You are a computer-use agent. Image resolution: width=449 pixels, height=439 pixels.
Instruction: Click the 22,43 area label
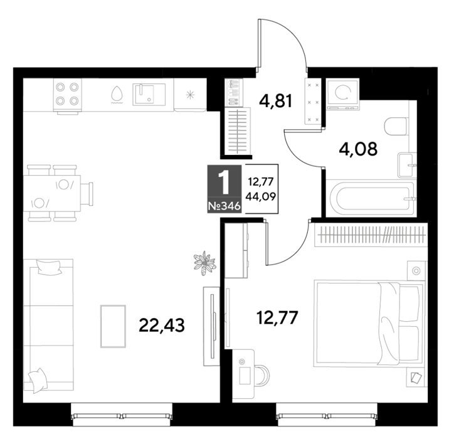pos(162,325)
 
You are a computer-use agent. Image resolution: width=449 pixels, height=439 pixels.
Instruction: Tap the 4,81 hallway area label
pos(275,101)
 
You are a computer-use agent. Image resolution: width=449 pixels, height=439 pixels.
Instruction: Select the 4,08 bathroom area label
pos(358,149)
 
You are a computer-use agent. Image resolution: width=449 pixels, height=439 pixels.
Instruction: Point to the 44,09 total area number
pos(261,196)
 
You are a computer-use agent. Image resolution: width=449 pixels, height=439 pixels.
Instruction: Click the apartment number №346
pos(224,206)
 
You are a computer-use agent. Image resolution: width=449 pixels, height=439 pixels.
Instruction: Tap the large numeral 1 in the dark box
pos(224,182)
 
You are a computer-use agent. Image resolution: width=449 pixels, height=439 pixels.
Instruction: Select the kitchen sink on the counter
pos(149,94)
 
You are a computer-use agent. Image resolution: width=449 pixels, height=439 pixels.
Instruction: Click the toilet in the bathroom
pos(396,126)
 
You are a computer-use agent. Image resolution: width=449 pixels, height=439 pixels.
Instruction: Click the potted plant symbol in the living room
pos(204,263)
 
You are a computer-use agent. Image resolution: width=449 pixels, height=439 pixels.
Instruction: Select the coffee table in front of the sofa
pos(113,326)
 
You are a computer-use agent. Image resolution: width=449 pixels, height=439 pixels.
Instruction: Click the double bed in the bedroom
pos(369,324)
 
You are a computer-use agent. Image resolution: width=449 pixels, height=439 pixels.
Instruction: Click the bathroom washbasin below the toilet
pos(406,165)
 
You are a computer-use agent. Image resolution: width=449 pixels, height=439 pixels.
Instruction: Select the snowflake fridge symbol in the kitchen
pos(190,95)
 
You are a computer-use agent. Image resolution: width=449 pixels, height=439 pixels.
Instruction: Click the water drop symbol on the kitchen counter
pos(117,94)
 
